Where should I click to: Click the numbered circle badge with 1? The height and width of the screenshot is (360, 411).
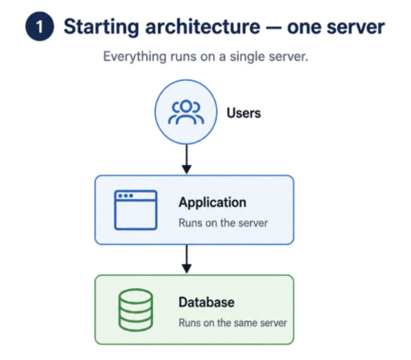pos(40,26)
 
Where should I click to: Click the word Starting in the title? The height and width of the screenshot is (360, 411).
pos(101,28)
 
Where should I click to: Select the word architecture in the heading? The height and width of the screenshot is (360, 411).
pos(203,26)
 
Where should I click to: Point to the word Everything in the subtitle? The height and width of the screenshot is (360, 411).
pos(134,57)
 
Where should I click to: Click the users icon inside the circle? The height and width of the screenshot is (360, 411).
pos(186,112)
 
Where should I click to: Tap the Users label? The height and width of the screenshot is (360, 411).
pos(244,113)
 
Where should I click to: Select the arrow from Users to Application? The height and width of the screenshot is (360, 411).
pos(187,159)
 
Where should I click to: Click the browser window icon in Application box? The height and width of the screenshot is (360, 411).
pos(136,210)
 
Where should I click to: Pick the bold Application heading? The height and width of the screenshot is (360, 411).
pos(212,202)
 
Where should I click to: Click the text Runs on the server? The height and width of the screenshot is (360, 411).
pos(223,223)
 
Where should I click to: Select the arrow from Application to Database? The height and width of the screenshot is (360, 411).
pos(187,259)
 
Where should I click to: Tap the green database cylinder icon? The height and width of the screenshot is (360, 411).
pos(136,310)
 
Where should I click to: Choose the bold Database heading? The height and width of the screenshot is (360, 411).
pos(207,302)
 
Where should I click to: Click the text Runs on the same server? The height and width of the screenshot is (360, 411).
pos(233,323)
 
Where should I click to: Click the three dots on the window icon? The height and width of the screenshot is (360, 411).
pos(125,196)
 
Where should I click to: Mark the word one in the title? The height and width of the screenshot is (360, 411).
pos(303,28)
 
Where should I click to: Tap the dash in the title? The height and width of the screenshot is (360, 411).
pos(274,28)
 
